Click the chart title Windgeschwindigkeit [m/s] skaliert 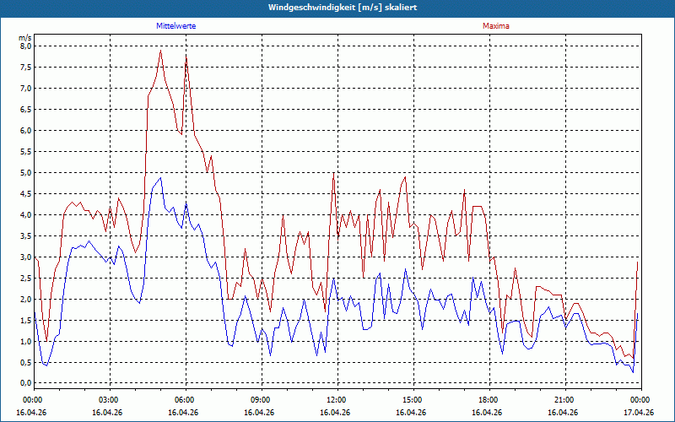point(343,8)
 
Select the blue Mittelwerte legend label point(176,26)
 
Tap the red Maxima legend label point(496,26)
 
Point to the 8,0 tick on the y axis point(25,46)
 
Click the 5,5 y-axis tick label point(25,152)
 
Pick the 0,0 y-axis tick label point(25,383)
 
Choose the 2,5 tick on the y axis point(25,279)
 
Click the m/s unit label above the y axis point(25,38)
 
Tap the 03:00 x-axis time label point(111,400)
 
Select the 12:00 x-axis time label point(337,400)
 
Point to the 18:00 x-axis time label point(489,400)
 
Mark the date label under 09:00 point(259,412)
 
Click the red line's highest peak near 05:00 point(160,51)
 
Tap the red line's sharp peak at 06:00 point(186,55)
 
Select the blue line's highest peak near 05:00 point(160,177)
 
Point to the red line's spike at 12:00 point(333,173)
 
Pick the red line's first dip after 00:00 point(46,341)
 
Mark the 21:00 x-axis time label point(565,400)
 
